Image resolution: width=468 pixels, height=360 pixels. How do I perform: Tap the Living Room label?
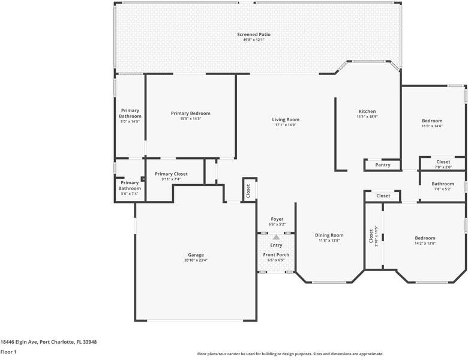click(x=286, y=119)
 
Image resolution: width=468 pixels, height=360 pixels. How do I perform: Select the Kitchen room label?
click(x=367, y=112)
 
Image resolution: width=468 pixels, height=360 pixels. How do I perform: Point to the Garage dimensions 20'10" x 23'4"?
click(x=196, y=260)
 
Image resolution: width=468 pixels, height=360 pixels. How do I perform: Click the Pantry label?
click(x=383, y=165)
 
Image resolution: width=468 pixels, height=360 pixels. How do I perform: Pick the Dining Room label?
click(x=329, y=235)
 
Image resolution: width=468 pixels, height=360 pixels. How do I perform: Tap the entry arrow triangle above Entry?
click(x=276, y=238)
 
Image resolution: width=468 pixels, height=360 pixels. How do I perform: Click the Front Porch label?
click(x=276, y=255)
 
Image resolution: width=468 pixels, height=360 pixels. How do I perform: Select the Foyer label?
click(x=277, y=219)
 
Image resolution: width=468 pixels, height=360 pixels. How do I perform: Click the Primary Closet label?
click(x=171, y=174)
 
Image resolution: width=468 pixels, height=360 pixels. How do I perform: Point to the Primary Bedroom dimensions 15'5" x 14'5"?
click(x=191, y=119)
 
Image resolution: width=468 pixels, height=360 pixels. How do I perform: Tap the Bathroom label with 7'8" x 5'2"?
click(x=443, y=184)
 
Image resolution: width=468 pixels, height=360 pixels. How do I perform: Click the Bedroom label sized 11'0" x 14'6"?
click(x=432, y=121)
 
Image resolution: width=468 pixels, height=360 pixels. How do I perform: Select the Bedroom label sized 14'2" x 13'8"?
click(x=425, y=238)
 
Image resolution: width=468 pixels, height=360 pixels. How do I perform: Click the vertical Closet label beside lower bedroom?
click(x=371, y=235)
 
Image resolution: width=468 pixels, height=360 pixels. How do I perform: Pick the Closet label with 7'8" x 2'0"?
click(x=443, y=162)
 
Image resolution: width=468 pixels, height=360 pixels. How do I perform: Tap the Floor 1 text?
click(x=8, y=352)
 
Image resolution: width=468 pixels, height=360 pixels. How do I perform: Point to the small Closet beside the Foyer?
click(x=248, y=190)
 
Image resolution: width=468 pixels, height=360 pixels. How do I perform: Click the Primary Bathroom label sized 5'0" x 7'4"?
click(x=130, y=185)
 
